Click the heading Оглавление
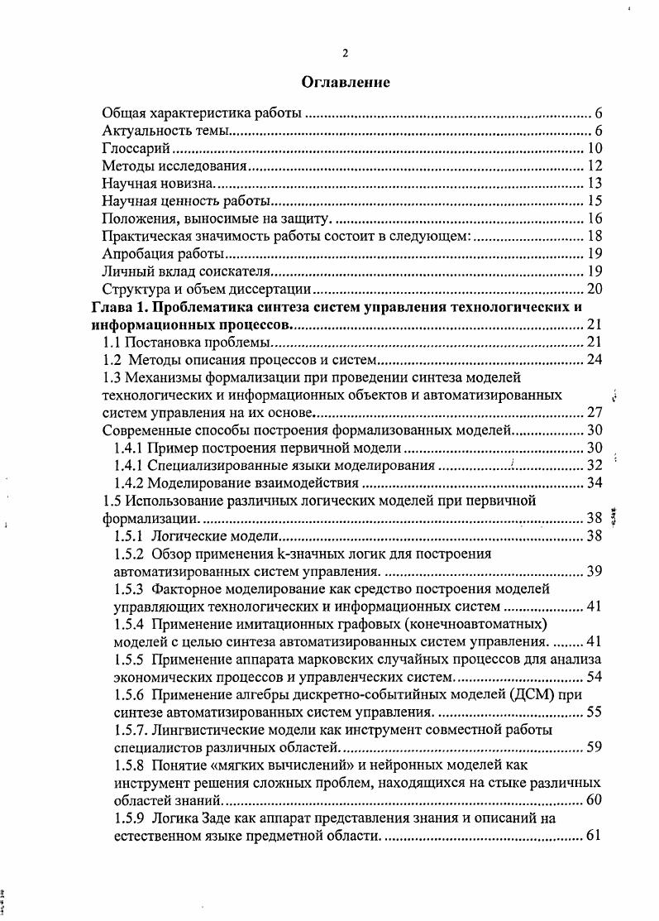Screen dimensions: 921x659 (x=346, y=83)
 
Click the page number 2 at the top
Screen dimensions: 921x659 (x=346, y=54)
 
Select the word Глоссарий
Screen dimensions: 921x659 (x=136, y=149)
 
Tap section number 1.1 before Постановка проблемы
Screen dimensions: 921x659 (x=112, y=342)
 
